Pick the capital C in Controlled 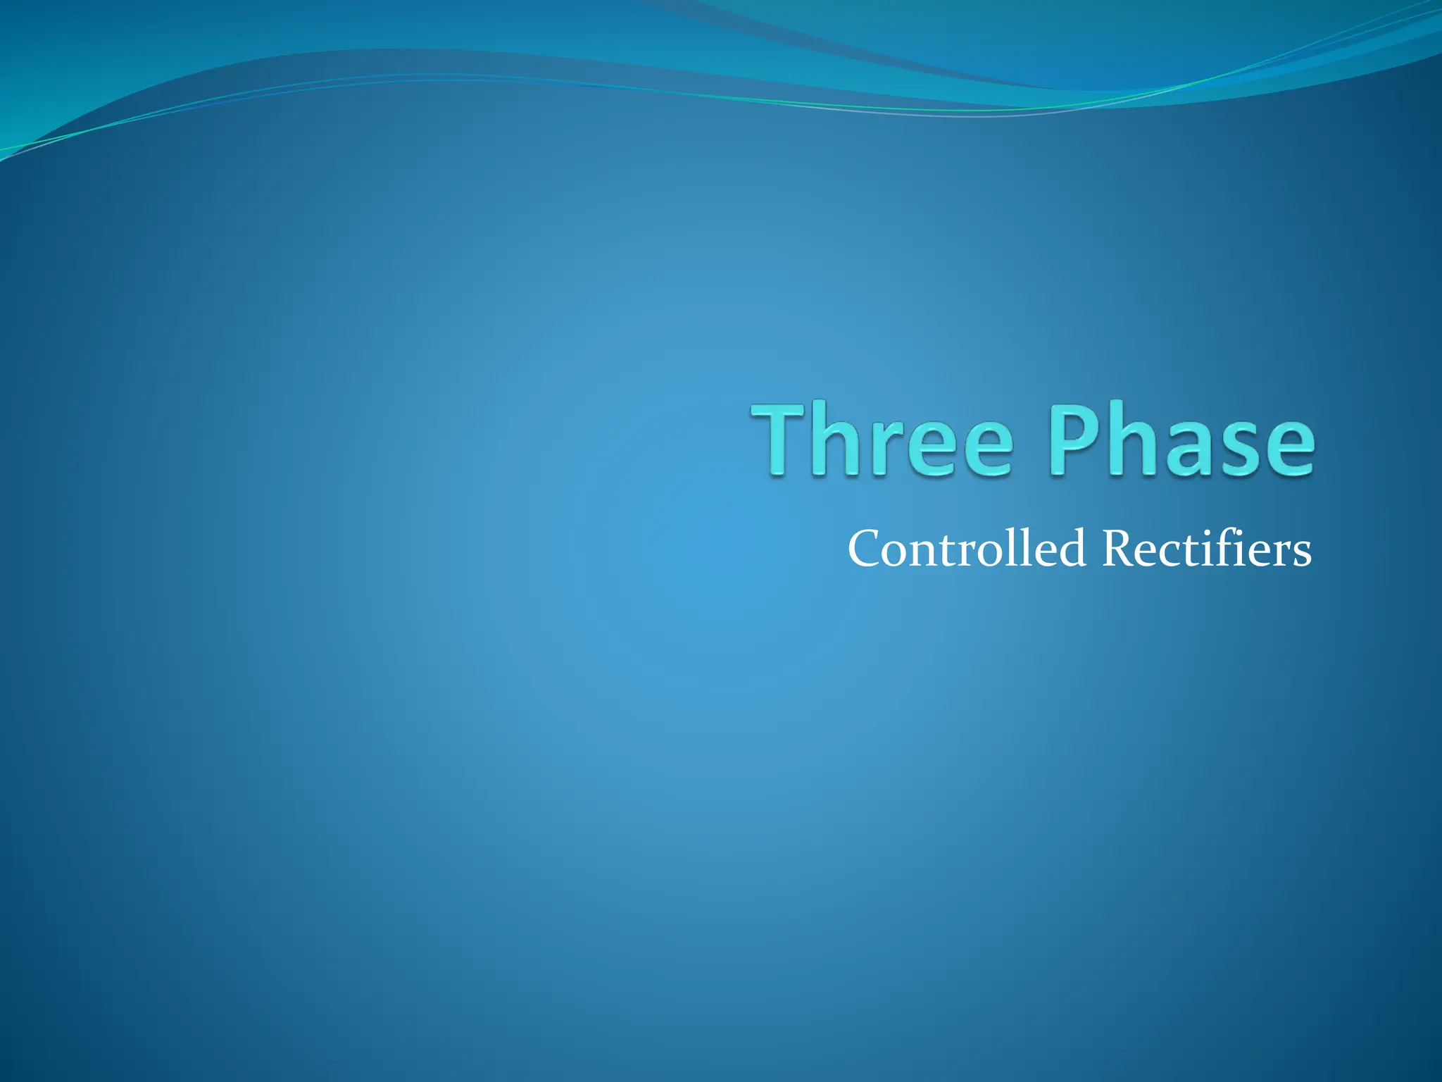coord(865,549)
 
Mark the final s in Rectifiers coord(1300,554)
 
